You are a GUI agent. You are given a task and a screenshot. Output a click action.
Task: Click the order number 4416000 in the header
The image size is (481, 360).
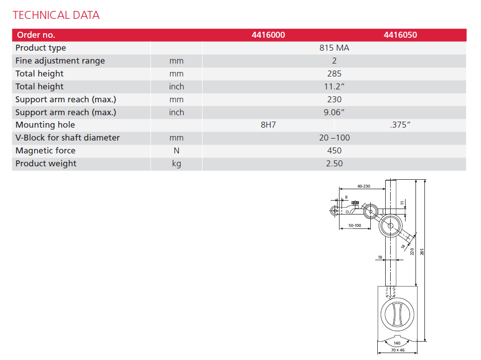click(268, 35)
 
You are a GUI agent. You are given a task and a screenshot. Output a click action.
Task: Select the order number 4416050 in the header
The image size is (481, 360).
click(400, 35)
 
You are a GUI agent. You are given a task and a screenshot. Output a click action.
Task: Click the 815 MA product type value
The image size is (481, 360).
click(335, 48)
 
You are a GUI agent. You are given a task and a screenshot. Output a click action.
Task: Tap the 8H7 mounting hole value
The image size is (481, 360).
click(268, 125)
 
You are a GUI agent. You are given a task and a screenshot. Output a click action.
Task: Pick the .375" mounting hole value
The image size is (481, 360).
click(400, 125)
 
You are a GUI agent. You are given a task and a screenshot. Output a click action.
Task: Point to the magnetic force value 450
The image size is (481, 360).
click(335, 151)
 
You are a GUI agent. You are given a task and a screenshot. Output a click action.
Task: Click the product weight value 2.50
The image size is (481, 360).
click(335, 164)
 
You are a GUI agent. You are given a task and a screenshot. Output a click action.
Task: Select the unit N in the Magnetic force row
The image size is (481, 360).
click(176, 151)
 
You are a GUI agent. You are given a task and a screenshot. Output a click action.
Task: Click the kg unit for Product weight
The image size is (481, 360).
click(176, 164)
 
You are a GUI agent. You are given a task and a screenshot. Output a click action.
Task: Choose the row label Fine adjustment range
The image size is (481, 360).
click(60, 61)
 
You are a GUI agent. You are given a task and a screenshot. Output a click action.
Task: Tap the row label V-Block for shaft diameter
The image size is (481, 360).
click(68, 138)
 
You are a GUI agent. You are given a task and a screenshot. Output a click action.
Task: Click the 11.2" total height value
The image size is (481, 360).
click(335, 87)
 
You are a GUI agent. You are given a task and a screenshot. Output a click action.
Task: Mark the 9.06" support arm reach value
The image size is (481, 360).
click(335, 113)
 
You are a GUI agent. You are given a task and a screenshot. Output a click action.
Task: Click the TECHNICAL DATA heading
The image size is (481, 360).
click(56, 15)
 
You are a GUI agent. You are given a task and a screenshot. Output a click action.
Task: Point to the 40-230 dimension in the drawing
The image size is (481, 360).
click(364, 186)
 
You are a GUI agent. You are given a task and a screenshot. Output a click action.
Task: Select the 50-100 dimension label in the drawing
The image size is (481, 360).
click(354, 225)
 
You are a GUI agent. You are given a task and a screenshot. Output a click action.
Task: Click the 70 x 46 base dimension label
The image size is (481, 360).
click(397, 351)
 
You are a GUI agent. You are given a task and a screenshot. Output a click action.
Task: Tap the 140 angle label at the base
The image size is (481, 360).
click(397, 343)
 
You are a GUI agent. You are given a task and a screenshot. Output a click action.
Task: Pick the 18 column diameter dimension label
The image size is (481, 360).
click(380, 257)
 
